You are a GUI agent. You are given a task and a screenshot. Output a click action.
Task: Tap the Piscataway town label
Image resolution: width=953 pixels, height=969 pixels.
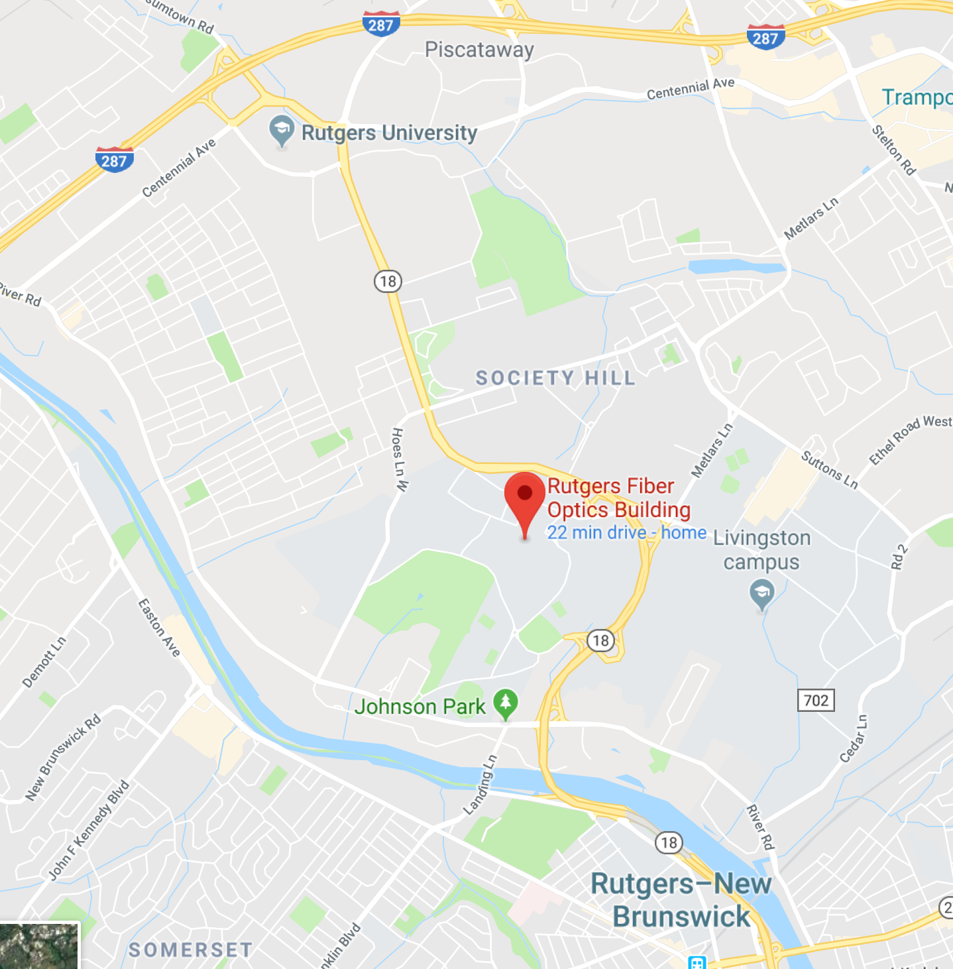479,50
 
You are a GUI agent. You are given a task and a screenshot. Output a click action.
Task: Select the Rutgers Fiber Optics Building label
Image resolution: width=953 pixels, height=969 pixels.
618,498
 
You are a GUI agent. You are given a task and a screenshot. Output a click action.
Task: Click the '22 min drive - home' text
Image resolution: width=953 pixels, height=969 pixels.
626,533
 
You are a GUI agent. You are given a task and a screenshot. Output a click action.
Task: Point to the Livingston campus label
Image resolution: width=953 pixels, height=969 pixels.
761,549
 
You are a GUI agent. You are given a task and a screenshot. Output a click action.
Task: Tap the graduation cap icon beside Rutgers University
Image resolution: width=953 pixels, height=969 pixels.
282,130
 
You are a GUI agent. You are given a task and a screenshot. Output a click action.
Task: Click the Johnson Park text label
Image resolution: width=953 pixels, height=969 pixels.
420,707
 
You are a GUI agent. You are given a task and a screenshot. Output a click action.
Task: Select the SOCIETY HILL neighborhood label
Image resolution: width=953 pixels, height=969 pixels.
555,378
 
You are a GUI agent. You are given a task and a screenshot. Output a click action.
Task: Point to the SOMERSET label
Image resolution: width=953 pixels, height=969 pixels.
190,950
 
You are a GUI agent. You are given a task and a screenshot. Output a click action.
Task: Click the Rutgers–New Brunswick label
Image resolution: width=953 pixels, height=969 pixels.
681,900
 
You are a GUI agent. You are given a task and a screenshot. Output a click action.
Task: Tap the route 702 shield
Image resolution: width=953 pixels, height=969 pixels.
816,700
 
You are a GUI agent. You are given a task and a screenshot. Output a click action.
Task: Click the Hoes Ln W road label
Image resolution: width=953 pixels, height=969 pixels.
400,459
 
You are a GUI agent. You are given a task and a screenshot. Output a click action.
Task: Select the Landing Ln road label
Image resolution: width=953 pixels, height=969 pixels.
480,785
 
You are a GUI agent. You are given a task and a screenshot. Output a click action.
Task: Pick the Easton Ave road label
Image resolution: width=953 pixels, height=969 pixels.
159,627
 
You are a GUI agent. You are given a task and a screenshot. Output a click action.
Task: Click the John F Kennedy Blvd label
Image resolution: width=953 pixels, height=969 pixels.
89,830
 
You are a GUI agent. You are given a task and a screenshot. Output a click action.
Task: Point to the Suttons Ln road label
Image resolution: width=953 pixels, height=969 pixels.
829,469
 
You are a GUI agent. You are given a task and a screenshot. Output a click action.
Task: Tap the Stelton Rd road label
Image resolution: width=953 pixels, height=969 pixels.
893,150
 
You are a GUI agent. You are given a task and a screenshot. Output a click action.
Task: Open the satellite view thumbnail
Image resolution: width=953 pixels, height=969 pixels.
39,946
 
